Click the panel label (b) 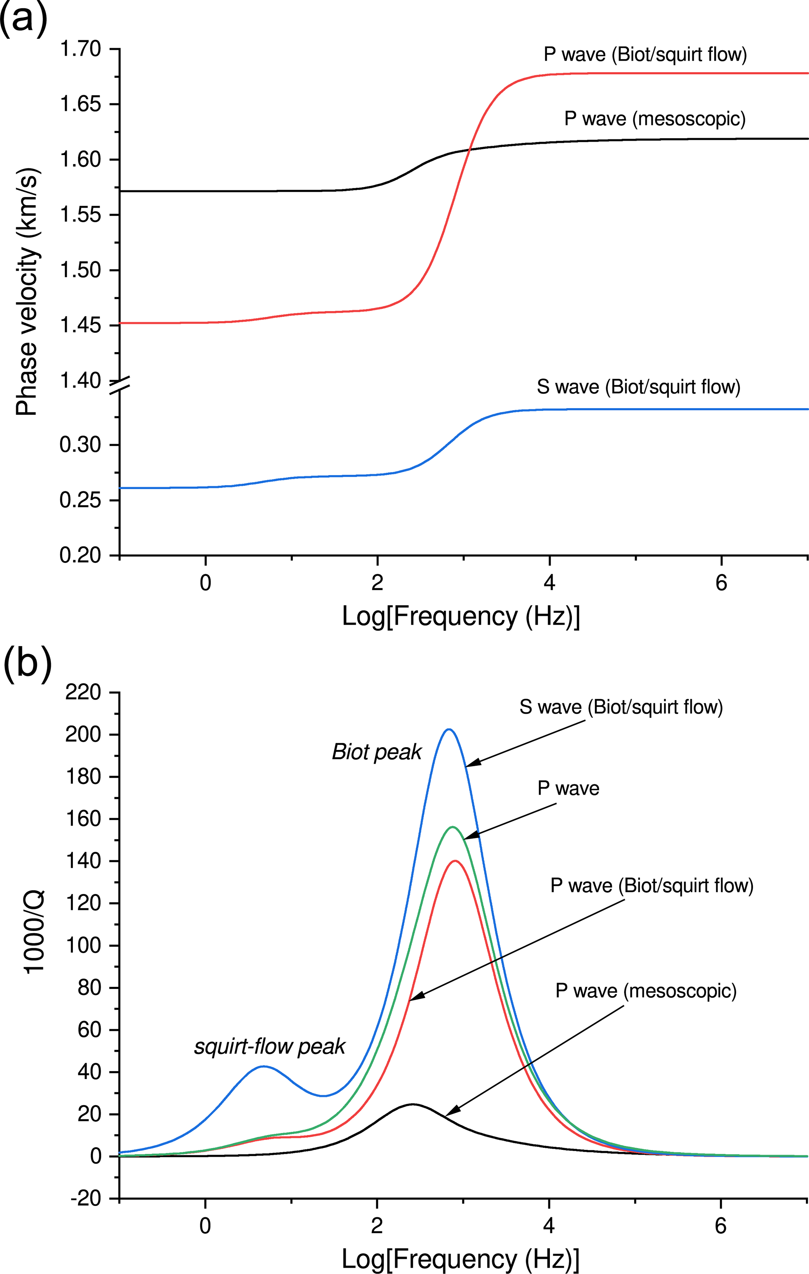27,662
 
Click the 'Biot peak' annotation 377,752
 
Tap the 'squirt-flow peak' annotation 270,1046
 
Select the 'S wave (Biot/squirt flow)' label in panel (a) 638,387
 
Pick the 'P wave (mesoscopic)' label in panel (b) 646,990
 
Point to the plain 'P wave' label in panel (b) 568,788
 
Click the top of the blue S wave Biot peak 449,730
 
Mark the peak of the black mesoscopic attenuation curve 412,1104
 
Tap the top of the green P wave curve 452,826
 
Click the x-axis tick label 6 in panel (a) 721,583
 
